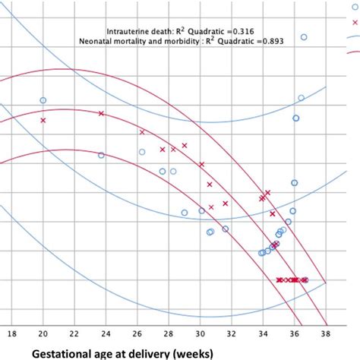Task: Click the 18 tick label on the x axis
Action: point(11,332)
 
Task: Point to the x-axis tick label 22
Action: point(74,332)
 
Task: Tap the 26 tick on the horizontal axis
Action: point(137,332)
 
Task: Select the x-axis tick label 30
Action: point(201,332)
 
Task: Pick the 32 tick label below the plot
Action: point(232,332)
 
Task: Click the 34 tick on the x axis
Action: point(264,332)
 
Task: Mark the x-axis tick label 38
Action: point(327,332)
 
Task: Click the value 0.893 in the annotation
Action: point(269,41)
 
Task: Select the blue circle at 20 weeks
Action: point(43,100)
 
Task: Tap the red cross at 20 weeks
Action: point(43,120)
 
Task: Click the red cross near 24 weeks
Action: point(101,113)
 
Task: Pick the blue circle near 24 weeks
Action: point(101,155)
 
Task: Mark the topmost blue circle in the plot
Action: point(304,36)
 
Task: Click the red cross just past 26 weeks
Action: point(142,132)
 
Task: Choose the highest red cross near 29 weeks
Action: point(185,145)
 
